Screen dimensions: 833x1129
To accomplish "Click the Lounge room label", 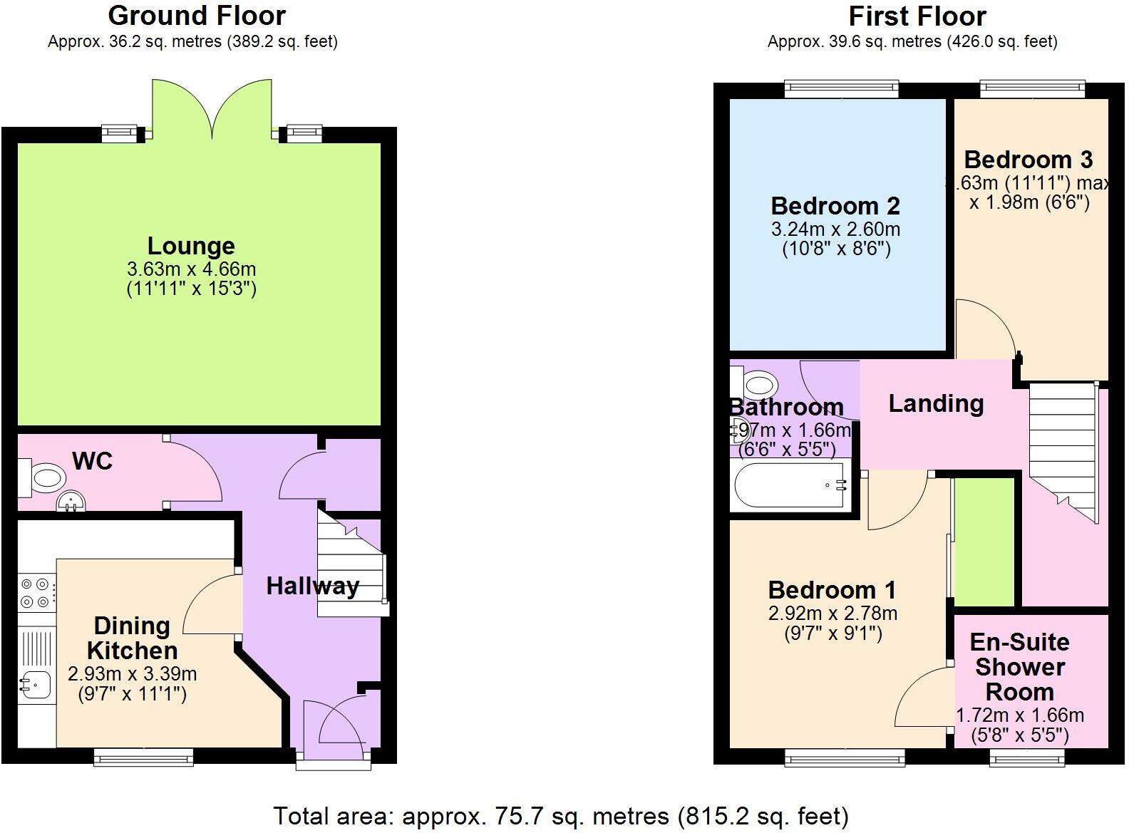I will pyautogui.click(x=191, y=246).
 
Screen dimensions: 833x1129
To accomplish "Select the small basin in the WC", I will pyautogui.click(x=71, y=502).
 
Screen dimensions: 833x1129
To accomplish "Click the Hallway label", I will pyautogui.click(x=312, y=586).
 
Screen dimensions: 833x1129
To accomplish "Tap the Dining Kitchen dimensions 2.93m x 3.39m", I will pyautogui.click(x=132, y=674).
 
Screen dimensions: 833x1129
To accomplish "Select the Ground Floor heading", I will pyautogui.click(x=197, y=16).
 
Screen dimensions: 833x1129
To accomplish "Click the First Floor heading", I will pyautogui.click(x=917, y=16).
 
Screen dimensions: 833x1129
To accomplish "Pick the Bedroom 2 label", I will pyautogui.click(x=835, y=206).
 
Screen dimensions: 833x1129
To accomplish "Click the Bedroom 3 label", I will pyautogui.click(x=1028, y=160).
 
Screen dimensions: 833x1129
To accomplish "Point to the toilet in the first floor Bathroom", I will pyautogui.click(x=758, y=386).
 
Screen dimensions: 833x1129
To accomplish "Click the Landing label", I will pyautogui.click(x=936, y=404).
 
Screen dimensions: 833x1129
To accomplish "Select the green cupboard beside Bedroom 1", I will pyautogui.click(x=984, y=542).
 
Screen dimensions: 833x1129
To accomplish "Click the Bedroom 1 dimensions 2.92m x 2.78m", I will pyautogui.click(x=832, y=614).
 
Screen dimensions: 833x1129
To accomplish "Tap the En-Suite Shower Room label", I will pyautogui.click(x=1019, y=667).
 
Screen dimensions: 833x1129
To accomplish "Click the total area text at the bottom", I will pyautogui.click(x=561, y=816).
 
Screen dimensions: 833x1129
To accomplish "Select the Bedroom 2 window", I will pyautogui.click(x=841, y=89).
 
